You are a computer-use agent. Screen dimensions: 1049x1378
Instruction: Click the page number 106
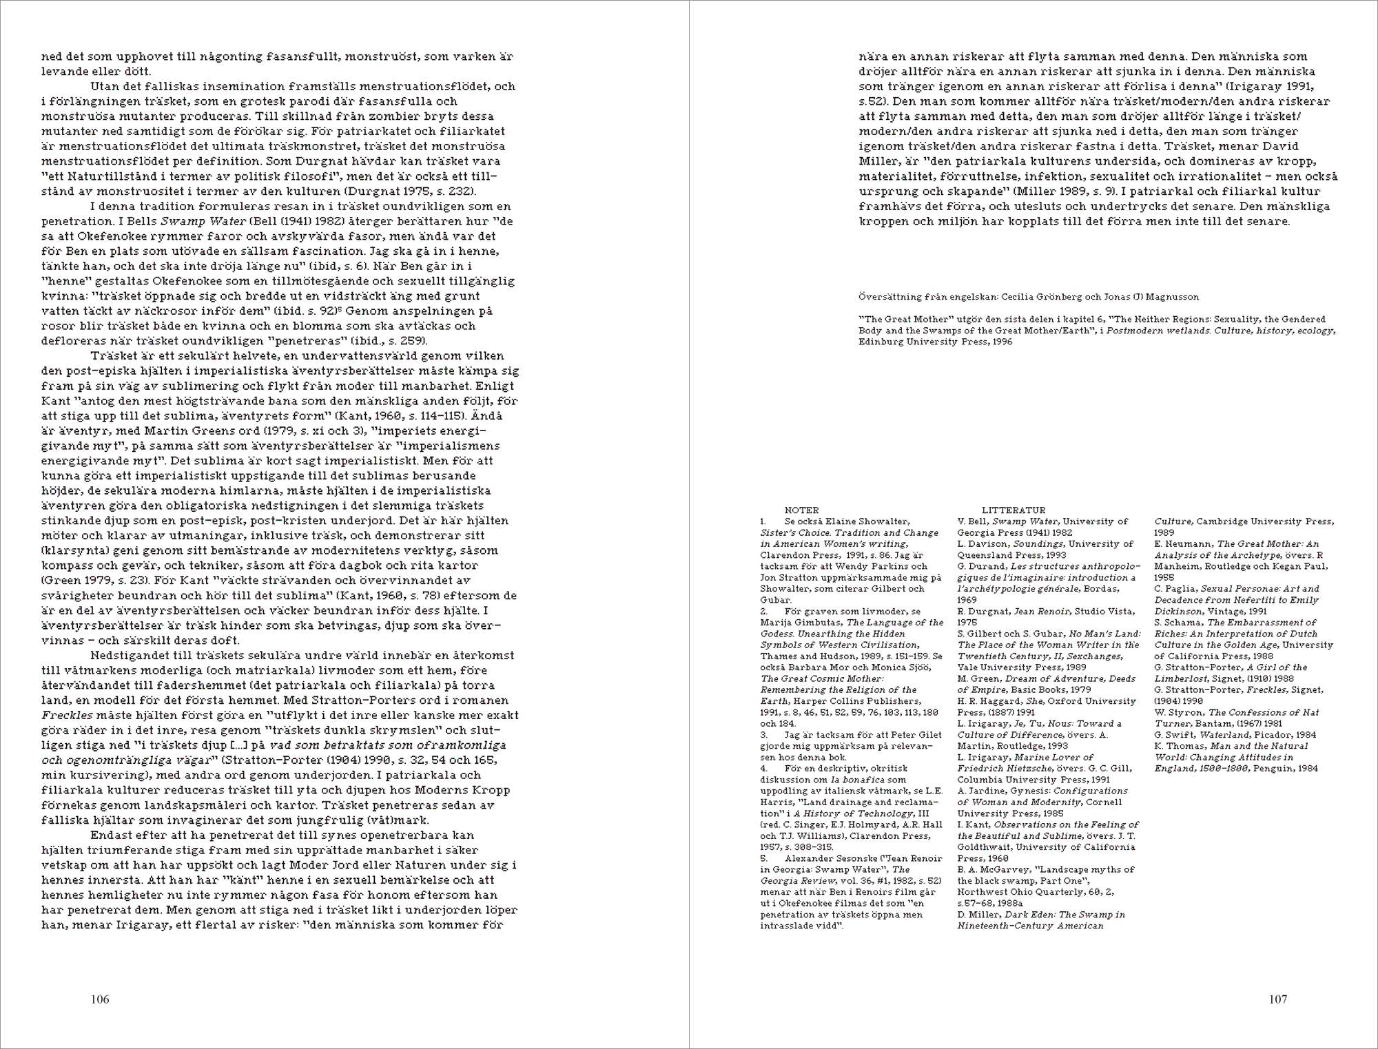point(100,999)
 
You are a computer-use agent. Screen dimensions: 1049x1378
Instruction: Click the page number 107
point(1277,999)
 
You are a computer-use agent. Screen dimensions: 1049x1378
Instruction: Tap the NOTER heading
point(801,510)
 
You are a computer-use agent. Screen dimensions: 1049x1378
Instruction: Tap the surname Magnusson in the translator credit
point(1172,297)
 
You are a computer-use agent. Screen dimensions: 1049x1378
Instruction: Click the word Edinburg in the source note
point(879,342)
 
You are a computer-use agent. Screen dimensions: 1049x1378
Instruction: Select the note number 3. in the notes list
point(764,735)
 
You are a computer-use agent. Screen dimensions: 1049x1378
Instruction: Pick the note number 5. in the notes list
point(764,858)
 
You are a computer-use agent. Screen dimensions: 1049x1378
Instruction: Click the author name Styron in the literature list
point(1186,712)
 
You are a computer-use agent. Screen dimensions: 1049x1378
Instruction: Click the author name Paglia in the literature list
point(1181,589)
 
